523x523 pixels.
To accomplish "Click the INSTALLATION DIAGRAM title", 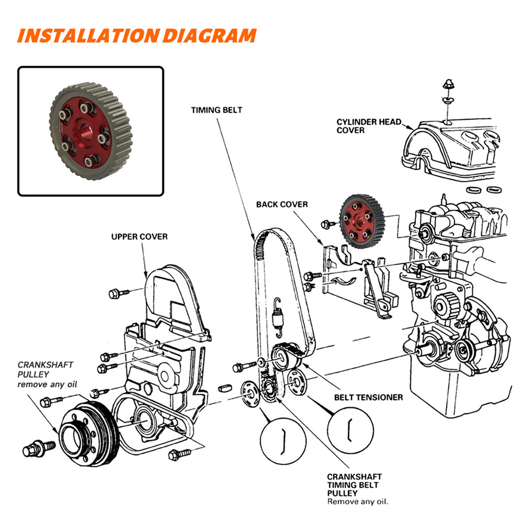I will [137, 36].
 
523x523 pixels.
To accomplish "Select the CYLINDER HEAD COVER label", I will [369, 126].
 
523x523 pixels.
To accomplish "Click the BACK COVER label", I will [282, 204].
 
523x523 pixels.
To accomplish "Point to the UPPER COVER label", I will [139, 237].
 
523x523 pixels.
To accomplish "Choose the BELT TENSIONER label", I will [368, 397].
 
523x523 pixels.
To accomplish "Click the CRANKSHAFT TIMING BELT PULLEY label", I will [354, 485].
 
